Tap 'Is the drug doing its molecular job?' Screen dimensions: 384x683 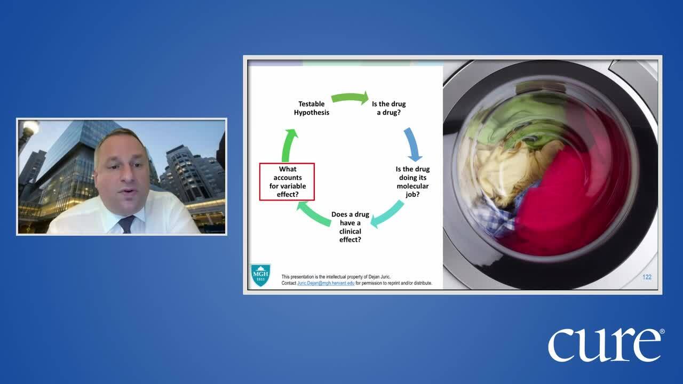(x=412, y=182)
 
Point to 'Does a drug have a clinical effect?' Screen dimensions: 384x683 (x=350, y=227)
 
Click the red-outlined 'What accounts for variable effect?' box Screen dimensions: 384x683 (x=287, y=182)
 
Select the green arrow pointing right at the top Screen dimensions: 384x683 (x=350, y=98)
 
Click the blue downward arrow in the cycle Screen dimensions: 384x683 (x=412, y=144)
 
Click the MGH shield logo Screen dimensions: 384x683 (x=260, y=275)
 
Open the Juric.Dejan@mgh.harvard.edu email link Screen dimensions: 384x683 (x=325, y=283)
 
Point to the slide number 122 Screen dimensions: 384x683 (x=647, y=277)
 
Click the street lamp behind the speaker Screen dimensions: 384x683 (x=30, y=128)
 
